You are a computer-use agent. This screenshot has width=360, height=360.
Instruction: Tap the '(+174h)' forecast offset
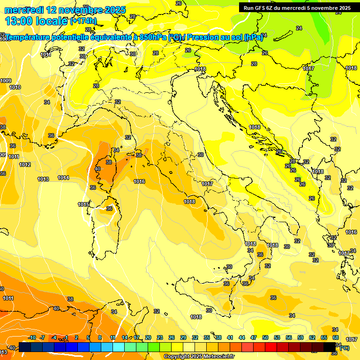click(x=83, y=21)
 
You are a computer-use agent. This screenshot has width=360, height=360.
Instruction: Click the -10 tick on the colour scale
click(x=32, y=337)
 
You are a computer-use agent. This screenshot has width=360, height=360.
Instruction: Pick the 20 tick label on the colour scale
click(x=148, y=337)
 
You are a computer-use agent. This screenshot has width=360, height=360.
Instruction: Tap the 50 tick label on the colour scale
click(x=265, y=337)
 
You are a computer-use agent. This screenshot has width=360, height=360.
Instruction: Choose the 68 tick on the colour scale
click(x=336, y=337)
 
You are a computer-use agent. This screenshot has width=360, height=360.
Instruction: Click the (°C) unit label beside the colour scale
click(x=344, y=348)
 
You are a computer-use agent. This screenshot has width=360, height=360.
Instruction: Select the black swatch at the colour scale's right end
click(x=330, y=347)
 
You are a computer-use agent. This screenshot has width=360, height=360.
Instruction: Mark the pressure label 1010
click(x=15, y=87)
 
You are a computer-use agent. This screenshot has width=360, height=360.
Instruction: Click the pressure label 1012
click(x=25, y=165)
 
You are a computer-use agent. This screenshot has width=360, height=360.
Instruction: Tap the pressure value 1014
click(x=63, y=178)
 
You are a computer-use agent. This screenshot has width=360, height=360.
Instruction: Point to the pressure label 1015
click(x=83, y=204)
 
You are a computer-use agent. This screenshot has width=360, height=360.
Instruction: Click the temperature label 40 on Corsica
click(x=97, y=169)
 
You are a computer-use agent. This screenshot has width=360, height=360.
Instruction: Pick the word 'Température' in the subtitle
click(x=29, y=37)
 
